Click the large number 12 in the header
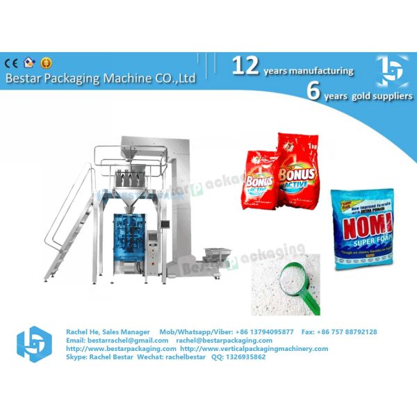click(x=245, y=66)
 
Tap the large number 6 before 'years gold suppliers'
click(x=313, y=91)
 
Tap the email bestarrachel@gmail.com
click(x=117, y=341)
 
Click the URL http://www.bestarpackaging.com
click(x=121, y=349)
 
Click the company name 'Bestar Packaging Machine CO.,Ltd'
click(x=100, y=79)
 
